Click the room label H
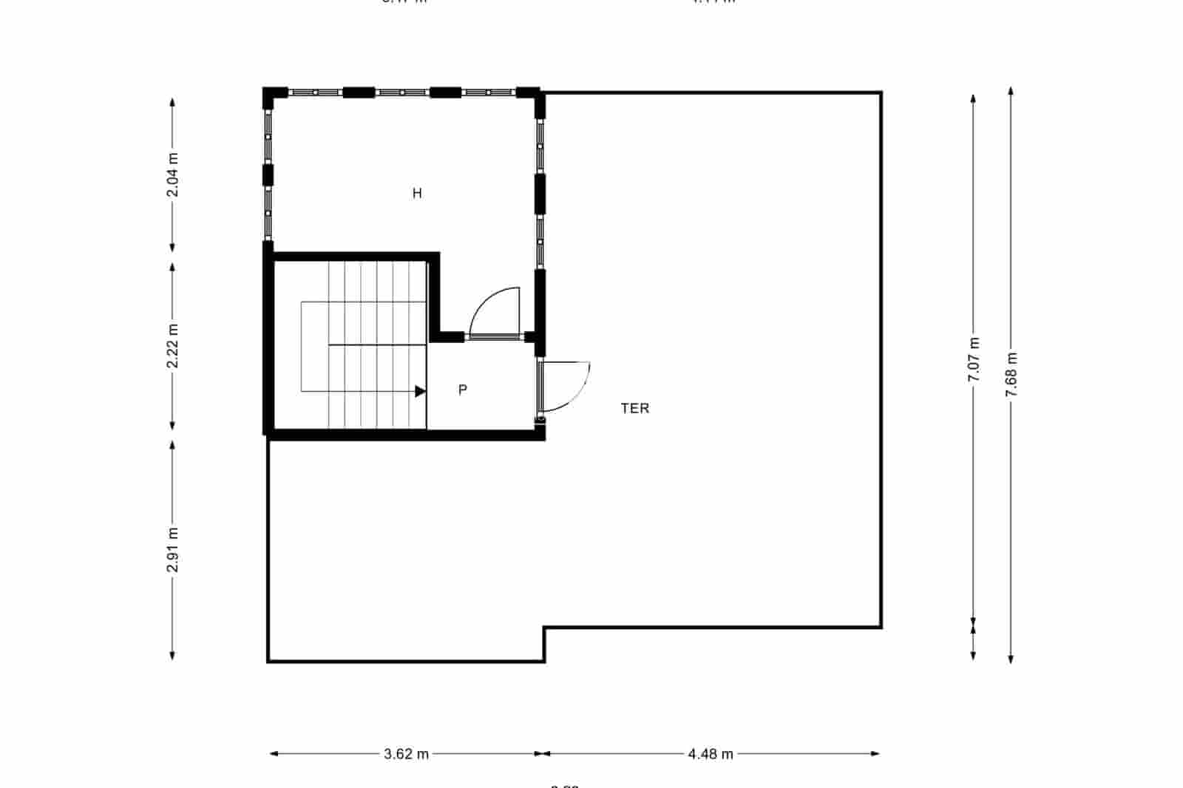[417, 194]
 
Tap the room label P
[463, 390]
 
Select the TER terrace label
[635, 408]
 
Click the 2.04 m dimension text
[172, 174]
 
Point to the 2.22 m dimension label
[172, 346]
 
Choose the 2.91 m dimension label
[172, 549]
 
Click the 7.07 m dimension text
[974, 359]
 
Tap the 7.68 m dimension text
[1011, 375]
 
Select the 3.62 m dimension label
[406, 754]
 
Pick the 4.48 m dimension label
[711, 754]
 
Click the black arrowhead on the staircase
[420, 391]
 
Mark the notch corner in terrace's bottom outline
[545, 628]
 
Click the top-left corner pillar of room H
[274, 95]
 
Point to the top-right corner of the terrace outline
[881, 93]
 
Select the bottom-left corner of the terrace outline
[268, 660]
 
